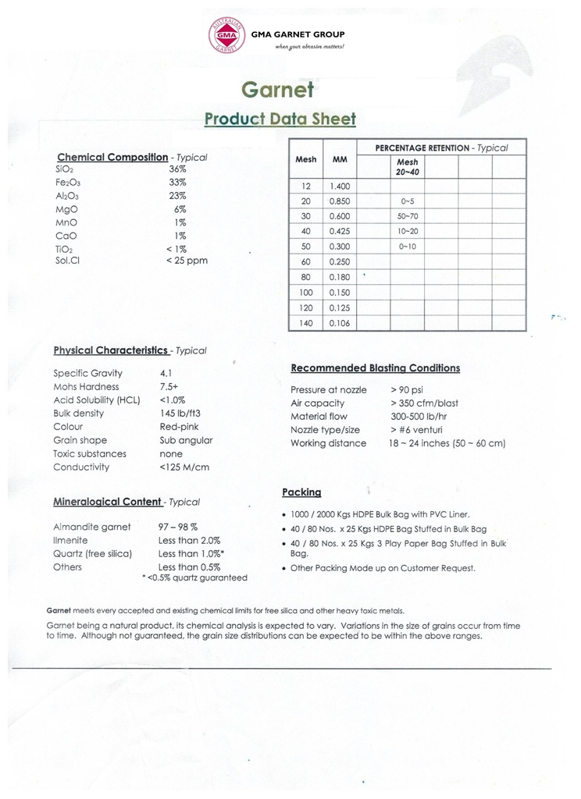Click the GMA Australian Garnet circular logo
tap(226, 35)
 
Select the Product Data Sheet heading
tap(280, 119)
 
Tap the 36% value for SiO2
tap(177, 169)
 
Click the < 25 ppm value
tap(187, 261)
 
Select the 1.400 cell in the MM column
tap(340, 186)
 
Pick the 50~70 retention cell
tap(408, 215)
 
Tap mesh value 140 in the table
tap(306, 322)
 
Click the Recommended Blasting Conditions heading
tap(375, 368)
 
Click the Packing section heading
tap(301, 492)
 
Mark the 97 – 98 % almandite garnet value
tap(178, 527)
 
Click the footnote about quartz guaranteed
tap(195, 578)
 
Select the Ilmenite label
tap(70, 540)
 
